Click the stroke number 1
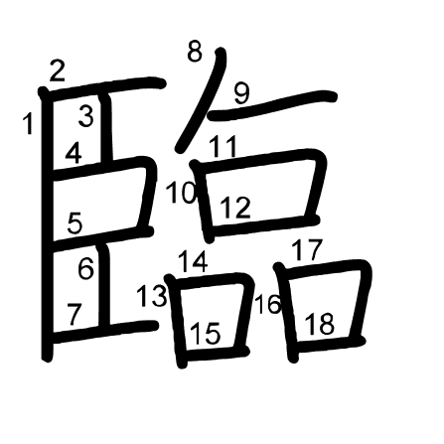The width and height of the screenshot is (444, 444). coord(29,123)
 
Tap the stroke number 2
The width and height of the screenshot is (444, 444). coord(58,71)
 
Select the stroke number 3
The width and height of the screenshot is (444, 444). coord(86,116)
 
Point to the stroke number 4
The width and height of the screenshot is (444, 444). coord(74,153)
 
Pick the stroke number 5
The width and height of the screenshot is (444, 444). coord(74,222)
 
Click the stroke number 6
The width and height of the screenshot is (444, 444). coord(85,268)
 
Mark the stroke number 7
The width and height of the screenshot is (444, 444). coord(74,314)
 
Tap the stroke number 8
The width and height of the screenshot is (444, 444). coord(195,51)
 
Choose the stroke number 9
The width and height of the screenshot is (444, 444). coord(241,93)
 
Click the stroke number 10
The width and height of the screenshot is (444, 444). coord(182,192)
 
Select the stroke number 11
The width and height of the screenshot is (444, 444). coord(223,146)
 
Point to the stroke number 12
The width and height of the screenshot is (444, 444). coord(235,208)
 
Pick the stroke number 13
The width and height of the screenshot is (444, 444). coord(152,296)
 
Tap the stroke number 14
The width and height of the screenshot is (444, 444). coord(193,261)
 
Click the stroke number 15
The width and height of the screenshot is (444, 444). coord(206,334)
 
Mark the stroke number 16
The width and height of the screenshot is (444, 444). coord(268,304)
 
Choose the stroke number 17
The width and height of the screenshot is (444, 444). coord(307,250)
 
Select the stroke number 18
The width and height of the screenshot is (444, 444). coord(320,324)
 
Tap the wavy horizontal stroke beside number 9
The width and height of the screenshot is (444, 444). coord(272,105)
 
